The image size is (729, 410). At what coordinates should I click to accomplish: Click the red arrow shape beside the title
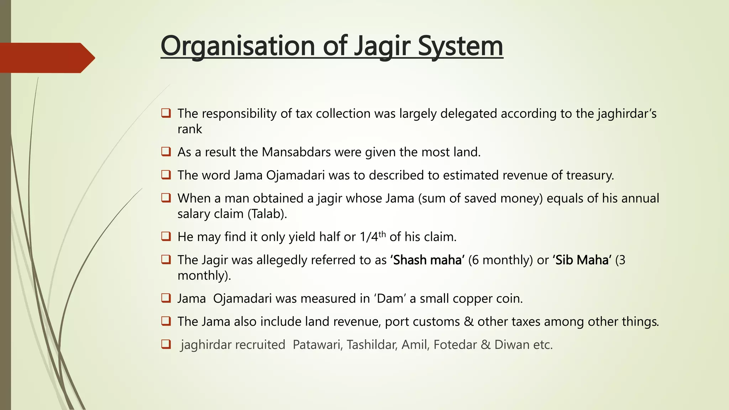pos(46,58)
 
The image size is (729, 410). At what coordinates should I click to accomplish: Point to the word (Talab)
pos(267,214)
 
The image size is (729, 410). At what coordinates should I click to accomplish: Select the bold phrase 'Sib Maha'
pos(582,260)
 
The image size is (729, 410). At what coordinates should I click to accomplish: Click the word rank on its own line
pos(190,129)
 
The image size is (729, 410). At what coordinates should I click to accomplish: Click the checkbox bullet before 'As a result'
pos(166,152)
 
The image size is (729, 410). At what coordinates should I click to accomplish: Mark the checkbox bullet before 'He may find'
pos(166,236)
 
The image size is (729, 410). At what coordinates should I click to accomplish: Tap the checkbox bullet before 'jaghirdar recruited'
pos(166,345)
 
